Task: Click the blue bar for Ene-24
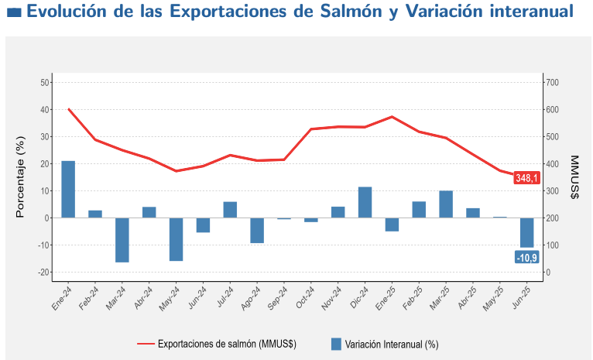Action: tap(68, 189)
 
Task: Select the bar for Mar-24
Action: tap(122, 240)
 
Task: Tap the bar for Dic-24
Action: tap(365, 202)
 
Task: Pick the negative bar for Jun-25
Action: tap(526, 232)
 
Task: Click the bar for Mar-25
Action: tap(446, 204)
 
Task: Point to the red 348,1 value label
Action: tap(526, 177)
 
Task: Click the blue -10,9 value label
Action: tap(526, 257)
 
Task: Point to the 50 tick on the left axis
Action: tap(45, 83)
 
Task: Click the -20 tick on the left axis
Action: tap(43, 273)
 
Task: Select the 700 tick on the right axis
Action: tap(553, 83)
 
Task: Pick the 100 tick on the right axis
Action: tap(553, 245)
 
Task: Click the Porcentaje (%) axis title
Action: tap(21, 177)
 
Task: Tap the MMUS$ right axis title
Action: tap(574, 177)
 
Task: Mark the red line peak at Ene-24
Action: tap(69, 109)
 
